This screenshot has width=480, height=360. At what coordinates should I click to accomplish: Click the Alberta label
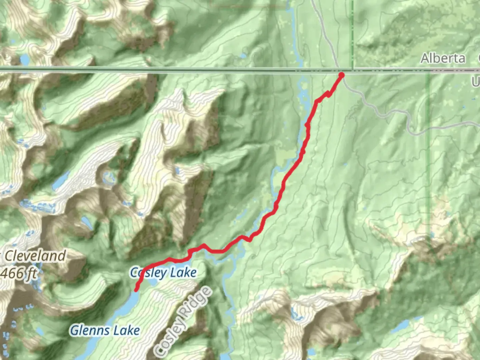(x=443, y=58)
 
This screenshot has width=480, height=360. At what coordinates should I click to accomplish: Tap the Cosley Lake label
(x=163, y=273)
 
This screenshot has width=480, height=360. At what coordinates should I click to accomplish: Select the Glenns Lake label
(x=105, y=331)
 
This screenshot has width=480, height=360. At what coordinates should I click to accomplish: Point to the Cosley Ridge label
(x=183, y=321)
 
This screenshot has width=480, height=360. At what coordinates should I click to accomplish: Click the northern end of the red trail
(x=341, y=75)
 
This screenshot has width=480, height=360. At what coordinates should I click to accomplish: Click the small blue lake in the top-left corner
(x=25, y=60)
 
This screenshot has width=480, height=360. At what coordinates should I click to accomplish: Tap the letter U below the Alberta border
(x=476, y=82)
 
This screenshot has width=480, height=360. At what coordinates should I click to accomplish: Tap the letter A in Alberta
(x=425, y=59)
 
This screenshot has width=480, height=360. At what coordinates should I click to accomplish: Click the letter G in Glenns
(x=74, y=331)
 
